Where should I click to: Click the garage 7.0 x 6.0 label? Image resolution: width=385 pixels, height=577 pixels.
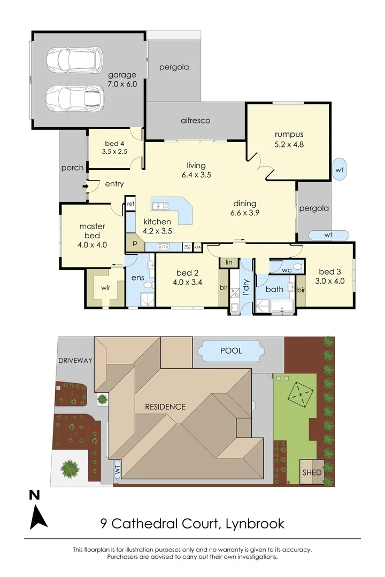pos(122,79)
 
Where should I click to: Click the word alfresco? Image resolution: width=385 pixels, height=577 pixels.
pos(195,121)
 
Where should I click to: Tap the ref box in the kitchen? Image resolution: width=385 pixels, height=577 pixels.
pos(131,204)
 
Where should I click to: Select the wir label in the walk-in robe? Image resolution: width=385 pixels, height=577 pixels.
pos(105,287)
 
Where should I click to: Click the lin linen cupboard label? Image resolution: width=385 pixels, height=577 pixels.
pos(229,262)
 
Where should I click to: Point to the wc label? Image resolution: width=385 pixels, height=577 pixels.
pos(287,270)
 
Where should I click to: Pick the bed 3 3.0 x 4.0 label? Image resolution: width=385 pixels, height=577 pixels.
pos(329,275)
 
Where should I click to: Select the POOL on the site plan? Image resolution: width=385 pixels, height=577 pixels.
pos(231,351)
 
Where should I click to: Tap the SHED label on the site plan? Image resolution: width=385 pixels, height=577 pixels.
pos(312,472)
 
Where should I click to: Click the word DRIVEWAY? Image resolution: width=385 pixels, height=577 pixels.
pos(75,360)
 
